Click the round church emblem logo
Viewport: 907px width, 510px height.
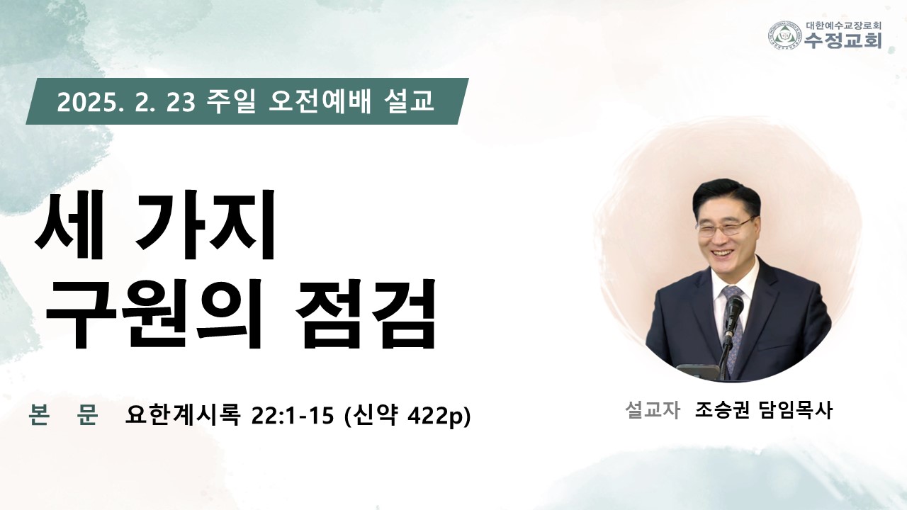785,35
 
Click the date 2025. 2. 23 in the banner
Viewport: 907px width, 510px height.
126,103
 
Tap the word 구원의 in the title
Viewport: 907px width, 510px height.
154,314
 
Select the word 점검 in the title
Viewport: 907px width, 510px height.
365,314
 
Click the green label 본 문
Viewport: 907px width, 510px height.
64,414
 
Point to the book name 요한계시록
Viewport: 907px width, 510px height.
183,414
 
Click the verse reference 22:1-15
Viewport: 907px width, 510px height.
293,415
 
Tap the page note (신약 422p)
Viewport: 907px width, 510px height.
407,415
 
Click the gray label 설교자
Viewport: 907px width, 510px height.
653,410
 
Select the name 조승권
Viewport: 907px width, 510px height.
722,410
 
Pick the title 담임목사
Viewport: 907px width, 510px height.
796,410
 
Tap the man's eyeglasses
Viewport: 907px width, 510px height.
724,227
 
